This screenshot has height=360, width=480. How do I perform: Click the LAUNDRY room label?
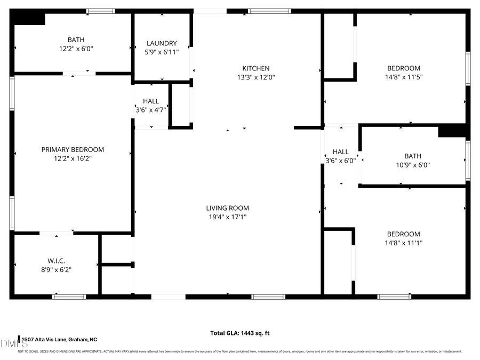(x=162, y=43)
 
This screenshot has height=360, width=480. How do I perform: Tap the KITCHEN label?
(x=256, y=68)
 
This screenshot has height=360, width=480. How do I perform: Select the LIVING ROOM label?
(x=228, y=208)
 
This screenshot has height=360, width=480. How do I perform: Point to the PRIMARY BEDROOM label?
(x=73, y=149)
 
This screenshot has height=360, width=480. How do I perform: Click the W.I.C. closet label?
(x=56, y=261)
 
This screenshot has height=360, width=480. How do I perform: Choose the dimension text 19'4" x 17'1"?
(x=228, y=217)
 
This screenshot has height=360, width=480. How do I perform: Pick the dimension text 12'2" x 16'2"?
(x=73, y=158)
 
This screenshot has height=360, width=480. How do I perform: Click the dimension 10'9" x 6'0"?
(x=412, y=165)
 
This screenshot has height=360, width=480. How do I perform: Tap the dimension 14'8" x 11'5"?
(x=403, y=77)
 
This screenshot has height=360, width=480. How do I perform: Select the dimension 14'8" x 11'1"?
(x=403, y=243)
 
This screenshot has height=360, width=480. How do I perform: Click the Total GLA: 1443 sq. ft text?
(x=240, y=333)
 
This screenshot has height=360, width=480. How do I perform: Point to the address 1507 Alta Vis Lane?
(x=59, y=339)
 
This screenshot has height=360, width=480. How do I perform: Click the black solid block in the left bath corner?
(x=28, y=19)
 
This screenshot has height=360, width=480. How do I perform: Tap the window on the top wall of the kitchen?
(x=269, y=11)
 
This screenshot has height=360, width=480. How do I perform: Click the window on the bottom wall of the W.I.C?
(x=69, y=297)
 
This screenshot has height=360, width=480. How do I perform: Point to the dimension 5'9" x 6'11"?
(x=162, y=52)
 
